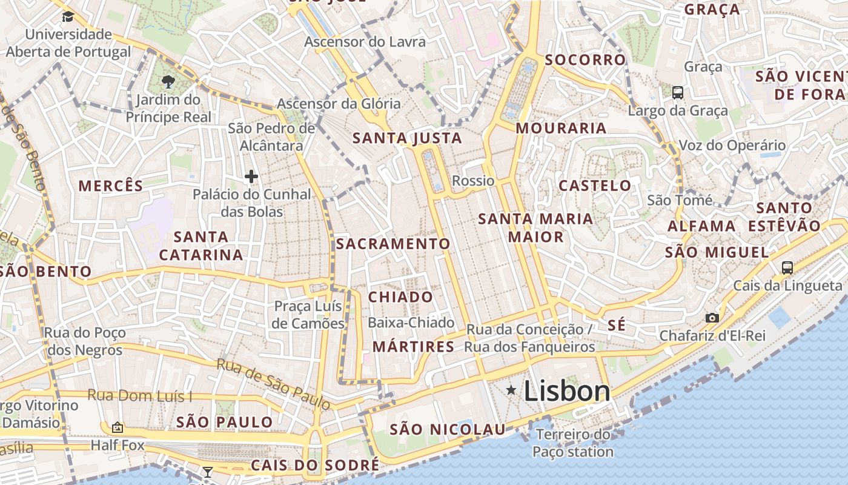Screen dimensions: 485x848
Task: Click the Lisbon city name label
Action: pyautogui.click(x=567, y=391)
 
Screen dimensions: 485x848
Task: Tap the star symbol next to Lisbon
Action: pyautogui.click(x=512, y=390)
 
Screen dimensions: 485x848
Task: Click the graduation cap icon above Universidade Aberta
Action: pyautogui.click(x=67, y=16)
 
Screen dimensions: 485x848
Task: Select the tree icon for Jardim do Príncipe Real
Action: pyautogui.click(x=168, y=81)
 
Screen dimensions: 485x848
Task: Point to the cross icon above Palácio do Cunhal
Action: pyautogui.click(x=251, y=176)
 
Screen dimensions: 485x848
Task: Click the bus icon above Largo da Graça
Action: pyautogui.click(x=678, y=93)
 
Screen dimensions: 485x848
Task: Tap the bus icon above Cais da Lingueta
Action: pyautogui.click(x=787, y=267)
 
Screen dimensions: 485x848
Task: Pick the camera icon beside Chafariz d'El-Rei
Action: pyautogui.click(x=712, y=318)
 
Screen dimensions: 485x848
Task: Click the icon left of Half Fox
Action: pyautogui.click(x=118, y=427)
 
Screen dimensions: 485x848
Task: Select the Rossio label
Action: pyautogui.click(x=473, y=181)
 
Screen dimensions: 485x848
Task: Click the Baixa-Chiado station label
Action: pyautogui.click(x=411, y=323)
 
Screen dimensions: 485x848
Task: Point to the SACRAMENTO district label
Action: pyautogui.click(x=393, y=244)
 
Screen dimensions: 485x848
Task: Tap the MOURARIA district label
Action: pyautogui.click(x=561, y=128)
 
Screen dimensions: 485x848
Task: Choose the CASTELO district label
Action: pyautogui.click(x=595, y=186)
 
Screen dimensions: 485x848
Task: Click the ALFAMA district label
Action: pyautogui.click(x=701, y=226)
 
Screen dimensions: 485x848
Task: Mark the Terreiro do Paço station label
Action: pyautogui.click(x=573, y=443)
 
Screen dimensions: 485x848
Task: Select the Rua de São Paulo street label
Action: pyautogui.click(x=274, y=383)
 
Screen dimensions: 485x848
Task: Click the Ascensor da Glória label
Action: pyautogui.click(x=339, y=104)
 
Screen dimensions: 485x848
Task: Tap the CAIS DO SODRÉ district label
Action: pyautogui.click(x=315, y=466)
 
